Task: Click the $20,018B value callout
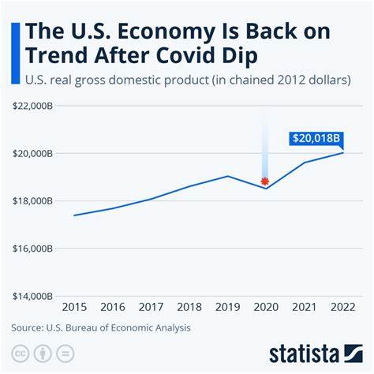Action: pos(317,139)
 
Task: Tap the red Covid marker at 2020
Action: pos(265,181)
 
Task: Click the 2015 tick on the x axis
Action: pos(74,306)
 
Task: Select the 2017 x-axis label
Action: pos(151,306)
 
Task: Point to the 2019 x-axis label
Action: pos(227,306)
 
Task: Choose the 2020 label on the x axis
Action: pos(265,306)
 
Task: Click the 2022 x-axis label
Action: pos(342,306)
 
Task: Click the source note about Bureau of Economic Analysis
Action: pos(101,327)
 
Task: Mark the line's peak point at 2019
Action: pos(227,176)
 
